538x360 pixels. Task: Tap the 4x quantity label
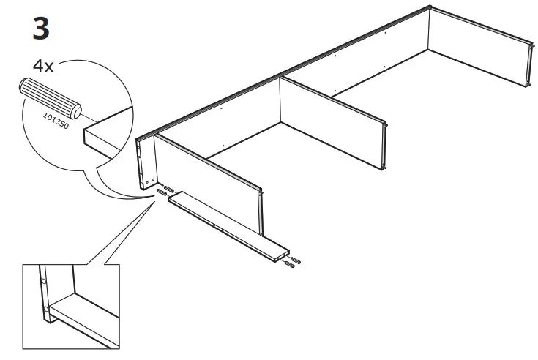click(43, 65)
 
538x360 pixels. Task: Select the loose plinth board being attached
click(227, 222)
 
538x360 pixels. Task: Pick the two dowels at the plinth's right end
click(294, 262)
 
